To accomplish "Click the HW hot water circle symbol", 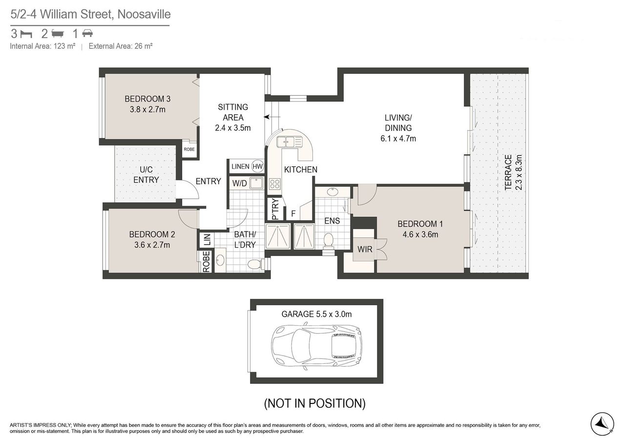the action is tap(257, 167).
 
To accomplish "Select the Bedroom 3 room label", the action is tap(147, 99).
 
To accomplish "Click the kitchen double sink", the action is tap(290, 142).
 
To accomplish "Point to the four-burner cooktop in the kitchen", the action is tap(275, 184).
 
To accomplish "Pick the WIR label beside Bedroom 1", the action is tap(365, 249).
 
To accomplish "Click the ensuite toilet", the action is tap(329, 241).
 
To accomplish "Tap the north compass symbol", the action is tap(603, 424).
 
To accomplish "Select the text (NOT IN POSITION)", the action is tap(315, 403).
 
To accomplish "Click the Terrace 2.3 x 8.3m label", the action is tap(513, 172).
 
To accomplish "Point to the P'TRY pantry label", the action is tap(274, 209).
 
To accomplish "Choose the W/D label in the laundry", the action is tap(239, 183).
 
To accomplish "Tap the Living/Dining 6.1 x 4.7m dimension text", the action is tap(398, 138).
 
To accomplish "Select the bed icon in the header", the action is tap(27, 34).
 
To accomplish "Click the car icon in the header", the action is tap(87, 34).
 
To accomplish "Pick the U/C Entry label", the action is tap(146, 174).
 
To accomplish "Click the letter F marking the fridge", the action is tap(293, 214).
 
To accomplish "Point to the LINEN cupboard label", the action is tap(240, 167).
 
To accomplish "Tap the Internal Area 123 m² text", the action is tap(42, 46).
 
